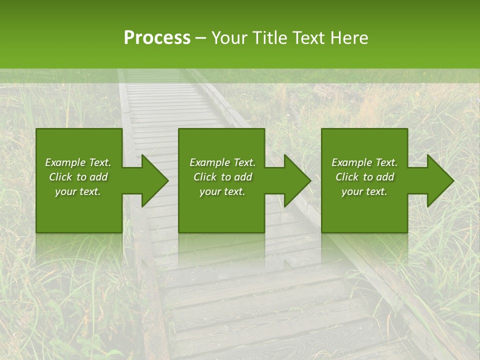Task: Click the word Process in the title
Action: point(157,38)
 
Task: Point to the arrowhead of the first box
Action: point(153,180)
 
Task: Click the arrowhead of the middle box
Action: point(295,180)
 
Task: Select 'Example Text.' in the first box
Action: point(78,162)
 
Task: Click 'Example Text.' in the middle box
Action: point(222,162)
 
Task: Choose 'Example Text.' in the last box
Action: point(364,162)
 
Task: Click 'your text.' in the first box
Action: point(78,191)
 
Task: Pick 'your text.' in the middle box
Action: point(222,191)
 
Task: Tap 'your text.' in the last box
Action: point(364,191)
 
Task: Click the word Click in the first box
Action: point(60,177)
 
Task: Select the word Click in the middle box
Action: point(205,177)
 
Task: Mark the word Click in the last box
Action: point(347,177)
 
